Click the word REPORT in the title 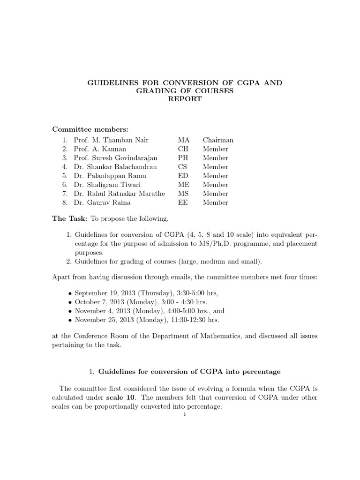[185, 99]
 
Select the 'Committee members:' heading [90, 129]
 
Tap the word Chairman [218, 140]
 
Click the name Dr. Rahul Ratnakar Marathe [120, 194]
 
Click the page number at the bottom [185, 414]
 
